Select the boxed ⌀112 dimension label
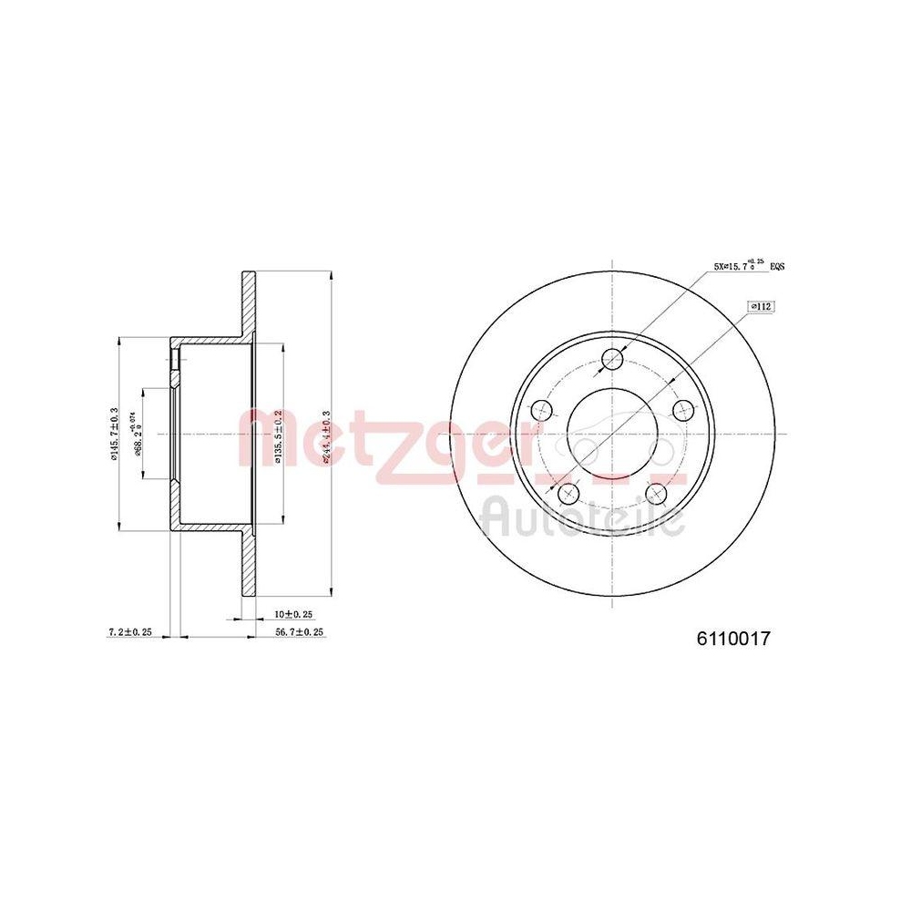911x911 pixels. click(x=760, y=307)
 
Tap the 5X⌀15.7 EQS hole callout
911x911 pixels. click(x=749, y=267)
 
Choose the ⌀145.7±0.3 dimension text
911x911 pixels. click(x=114, y=434)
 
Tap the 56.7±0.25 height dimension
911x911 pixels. click(x=300, y=631)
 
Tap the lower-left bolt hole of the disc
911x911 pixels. click(x=568, y=494)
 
